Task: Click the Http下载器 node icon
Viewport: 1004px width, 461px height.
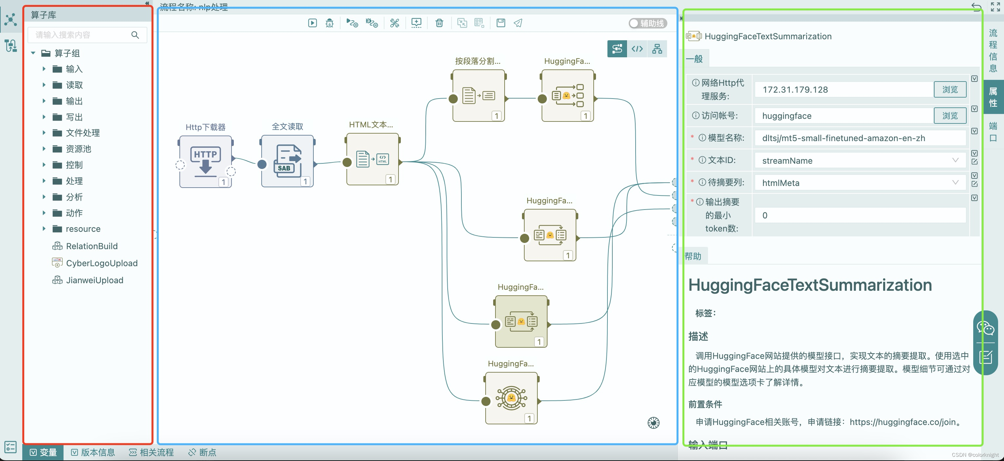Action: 205,162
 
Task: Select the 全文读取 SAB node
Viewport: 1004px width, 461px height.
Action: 287,161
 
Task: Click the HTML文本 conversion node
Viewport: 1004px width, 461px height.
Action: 372,159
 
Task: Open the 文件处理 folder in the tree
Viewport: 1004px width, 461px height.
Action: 82,133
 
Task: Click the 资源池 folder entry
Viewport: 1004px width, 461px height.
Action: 78,149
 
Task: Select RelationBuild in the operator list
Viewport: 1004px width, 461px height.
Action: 91,246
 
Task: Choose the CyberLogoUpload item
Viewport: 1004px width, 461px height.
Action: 101,264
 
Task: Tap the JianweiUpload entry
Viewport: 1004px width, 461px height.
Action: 94,281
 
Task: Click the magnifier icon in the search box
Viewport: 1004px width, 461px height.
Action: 135,35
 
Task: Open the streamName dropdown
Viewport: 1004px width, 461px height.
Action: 859,160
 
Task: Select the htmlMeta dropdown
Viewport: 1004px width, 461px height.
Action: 859,183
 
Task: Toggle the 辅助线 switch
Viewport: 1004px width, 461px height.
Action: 647,23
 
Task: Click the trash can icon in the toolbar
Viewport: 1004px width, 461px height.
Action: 439,23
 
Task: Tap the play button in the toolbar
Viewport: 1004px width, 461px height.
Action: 312,23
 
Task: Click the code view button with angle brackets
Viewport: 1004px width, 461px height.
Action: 637,49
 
